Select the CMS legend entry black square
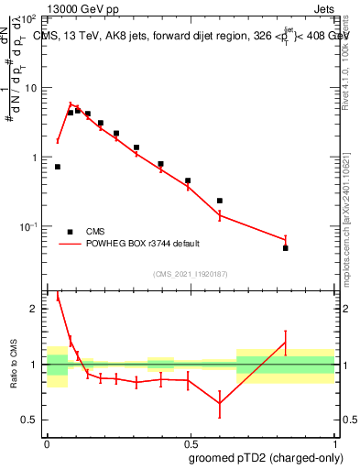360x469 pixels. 70,232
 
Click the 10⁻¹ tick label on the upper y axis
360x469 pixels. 27,226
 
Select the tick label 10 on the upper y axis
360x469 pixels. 30,88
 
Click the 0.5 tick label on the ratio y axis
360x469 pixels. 29,420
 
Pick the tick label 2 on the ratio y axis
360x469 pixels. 35,309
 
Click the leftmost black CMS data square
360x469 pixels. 58,167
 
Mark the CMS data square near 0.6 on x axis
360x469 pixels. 220,201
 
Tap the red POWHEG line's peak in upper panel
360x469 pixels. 71,105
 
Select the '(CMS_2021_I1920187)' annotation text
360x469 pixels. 191,273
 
